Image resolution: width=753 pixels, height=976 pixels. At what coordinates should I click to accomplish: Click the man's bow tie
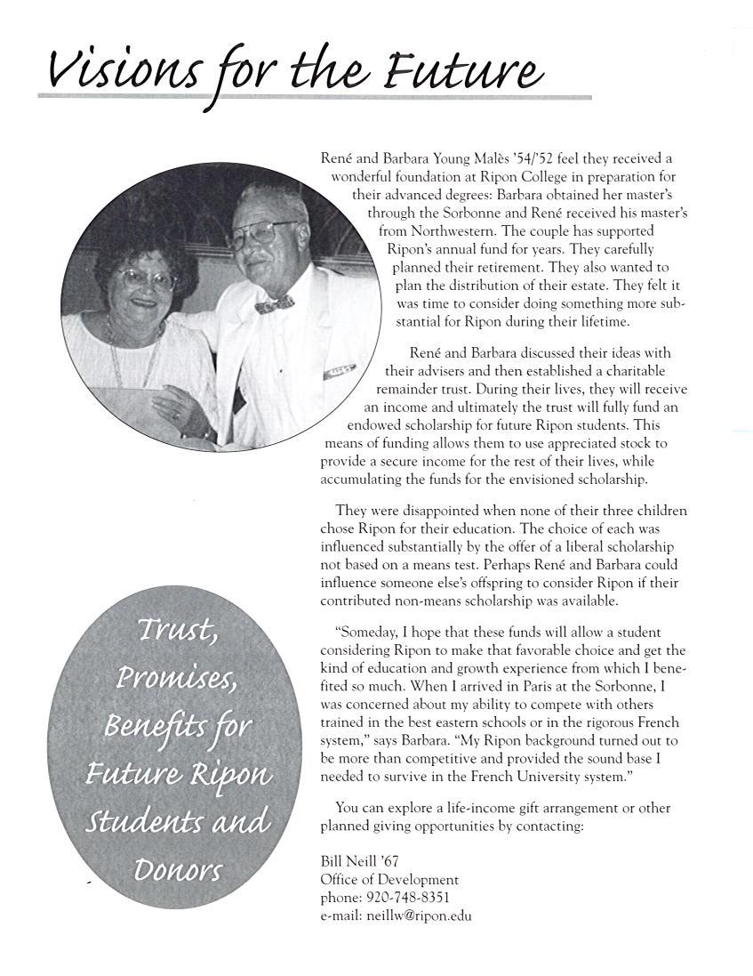(274, 304)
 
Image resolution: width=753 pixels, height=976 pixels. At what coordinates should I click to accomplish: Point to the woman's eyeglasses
(148, 278)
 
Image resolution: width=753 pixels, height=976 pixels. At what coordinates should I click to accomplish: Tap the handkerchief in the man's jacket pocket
(339, 371)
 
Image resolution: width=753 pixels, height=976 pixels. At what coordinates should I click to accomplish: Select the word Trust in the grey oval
(178, 633)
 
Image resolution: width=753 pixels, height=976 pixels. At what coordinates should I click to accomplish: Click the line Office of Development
(389, 879)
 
